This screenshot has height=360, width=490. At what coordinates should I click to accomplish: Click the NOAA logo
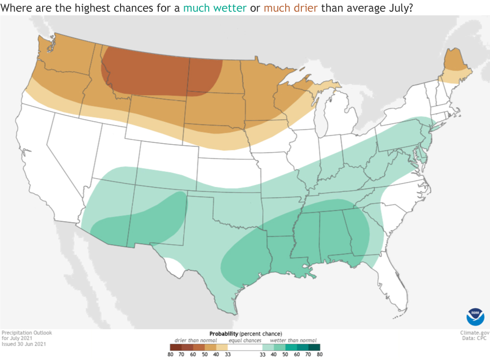click(475, 316)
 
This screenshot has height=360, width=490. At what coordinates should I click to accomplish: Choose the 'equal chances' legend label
click(244, 340)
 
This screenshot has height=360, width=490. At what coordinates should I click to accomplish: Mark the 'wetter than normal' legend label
click(293, 340)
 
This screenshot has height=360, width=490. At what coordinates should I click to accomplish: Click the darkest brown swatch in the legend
click(171, 347)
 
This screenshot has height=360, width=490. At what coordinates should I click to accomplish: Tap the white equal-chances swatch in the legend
click(244, 347)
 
